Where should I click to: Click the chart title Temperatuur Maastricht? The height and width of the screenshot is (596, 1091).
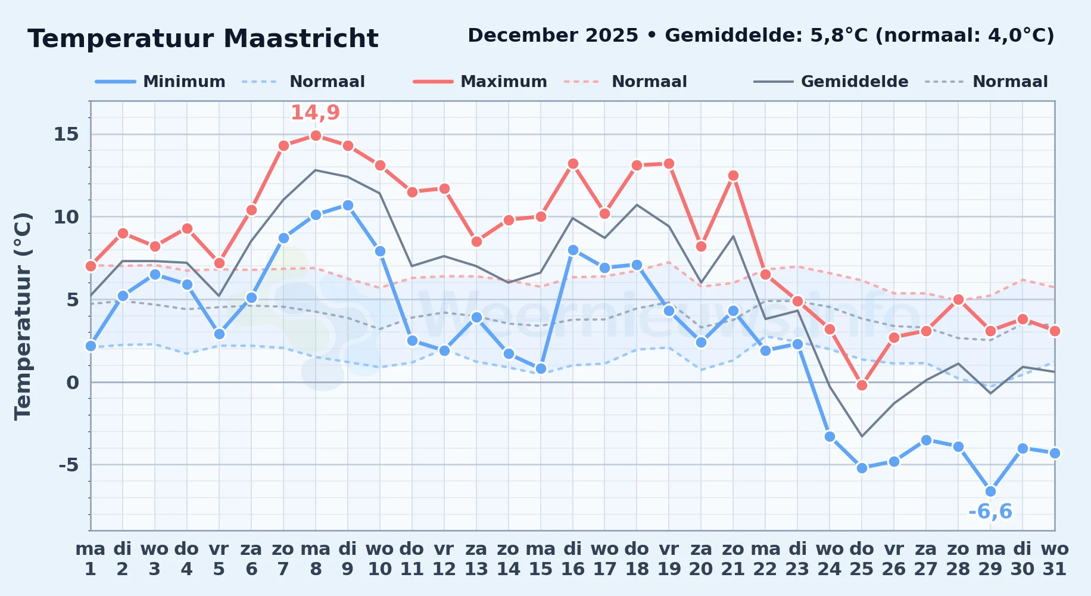[203, 39]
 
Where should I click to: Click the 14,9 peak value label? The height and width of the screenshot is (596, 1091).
[315, 113]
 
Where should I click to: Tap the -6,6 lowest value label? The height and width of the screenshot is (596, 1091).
[990, 511]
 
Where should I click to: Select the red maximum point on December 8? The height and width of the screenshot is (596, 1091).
[316, 135]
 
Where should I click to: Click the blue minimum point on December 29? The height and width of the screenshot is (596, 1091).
[990, 491]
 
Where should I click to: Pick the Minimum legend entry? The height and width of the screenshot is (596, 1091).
[160, 82]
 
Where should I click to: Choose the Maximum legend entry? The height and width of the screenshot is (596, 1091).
[480, 82]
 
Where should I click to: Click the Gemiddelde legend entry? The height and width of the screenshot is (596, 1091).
[831, 82]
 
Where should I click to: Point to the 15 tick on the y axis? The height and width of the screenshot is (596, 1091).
[66, 134]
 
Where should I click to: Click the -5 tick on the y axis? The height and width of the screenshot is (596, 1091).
[68, 464]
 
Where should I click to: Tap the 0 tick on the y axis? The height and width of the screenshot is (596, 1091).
[73, 382]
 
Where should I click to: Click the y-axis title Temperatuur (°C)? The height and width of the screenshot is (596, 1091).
[23, 316]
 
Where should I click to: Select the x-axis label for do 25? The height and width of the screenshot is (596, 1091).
[862, 558]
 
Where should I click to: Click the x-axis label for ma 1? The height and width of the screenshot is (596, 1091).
[91, 558]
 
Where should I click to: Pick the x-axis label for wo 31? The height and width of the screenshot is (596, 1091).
[1055, 558]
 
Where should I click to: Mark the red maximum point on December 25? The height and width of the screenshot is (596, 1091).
[862, 385]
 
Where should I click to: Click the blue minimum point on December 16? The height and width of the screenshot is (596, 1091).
[573, 250]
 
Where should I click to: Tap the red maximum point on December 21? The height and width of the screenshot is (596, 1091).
[733, 175]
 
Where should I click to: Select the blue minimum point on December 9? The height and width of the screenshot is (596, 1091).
[348, 205]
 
